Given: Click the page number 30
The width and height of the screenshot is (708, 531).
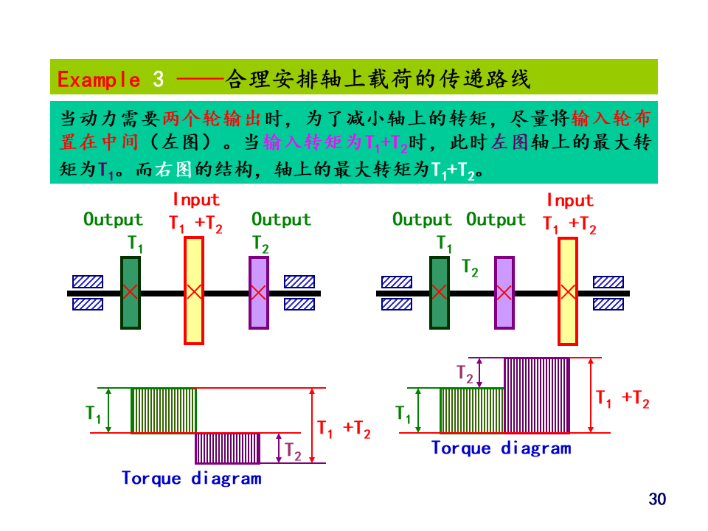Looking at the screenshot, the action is [x=657, y=499].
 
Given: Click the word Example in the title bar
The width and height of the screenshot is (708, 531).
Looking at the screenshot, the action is [x=98, y=79].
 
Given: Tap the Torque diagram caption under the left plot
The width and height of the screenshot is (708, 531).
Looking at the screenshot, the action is [x=192, y=478].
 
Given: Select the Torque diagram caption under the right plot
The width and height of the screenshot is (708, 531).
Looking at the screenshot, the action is [x=501, y=448].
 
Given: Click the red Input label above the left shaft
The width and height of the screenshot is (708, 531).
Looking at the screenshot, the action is [x=196, y=199].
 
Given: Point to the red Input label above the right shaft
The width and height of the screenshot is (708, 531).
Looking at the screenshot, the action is [x=570, y=200].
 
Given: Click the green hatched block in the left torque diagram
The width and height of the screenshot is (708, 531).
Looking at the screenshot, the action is [x=164, y=410].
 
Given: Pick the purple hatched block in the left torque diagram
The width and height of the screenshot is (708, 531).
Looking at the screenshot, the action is [x=227, y=448].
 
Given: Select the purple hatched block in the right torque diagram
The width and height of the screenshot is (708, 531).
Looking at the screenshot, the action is [x=537, y=395].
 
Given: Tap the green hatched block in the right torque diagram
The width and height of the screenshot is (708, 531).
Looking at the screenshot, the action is [x=472, y=410].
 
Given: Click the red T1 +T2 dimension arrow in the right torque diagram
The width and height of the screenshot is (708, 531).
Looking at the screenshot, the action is [x=591, y=395].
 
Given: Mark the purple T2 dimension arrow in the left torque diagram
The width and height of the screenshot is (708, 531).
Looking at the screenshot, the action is [x=279, y=448].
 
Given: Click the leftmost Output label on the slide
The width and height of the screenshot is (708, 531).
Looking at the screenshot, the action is [x=113, y=219].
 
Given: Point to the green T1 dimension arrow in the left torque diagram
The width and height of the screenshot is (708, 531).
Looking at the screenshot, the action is [x=108, y=410].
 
